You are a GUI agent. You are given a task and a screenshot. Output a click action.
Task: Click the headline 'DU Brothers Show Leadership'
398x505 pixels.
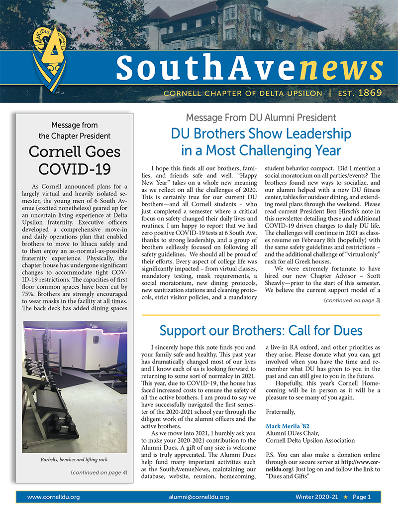[x=261, y=133]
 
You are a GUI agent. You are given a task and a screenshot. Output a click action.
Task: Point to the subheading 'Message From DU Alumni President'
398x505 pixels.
[x=261, y=118]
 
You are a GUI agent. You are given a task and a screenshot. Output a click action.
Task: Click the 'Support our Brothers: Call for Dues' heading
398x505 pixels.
[x=261, y=331]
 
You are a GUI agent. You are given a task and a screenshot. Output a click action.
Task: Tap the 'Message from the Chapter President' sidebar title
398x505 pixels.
[x=74, y=130]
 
